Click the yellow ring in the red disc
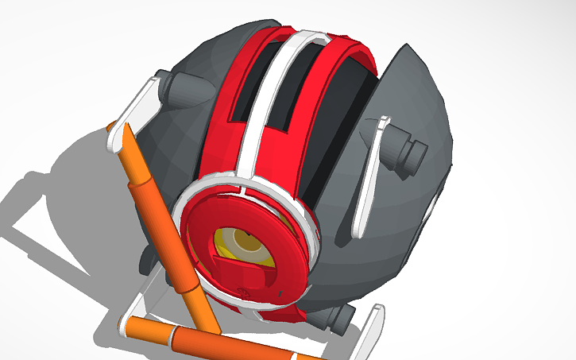226,238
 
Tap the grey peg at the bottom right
339,319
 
